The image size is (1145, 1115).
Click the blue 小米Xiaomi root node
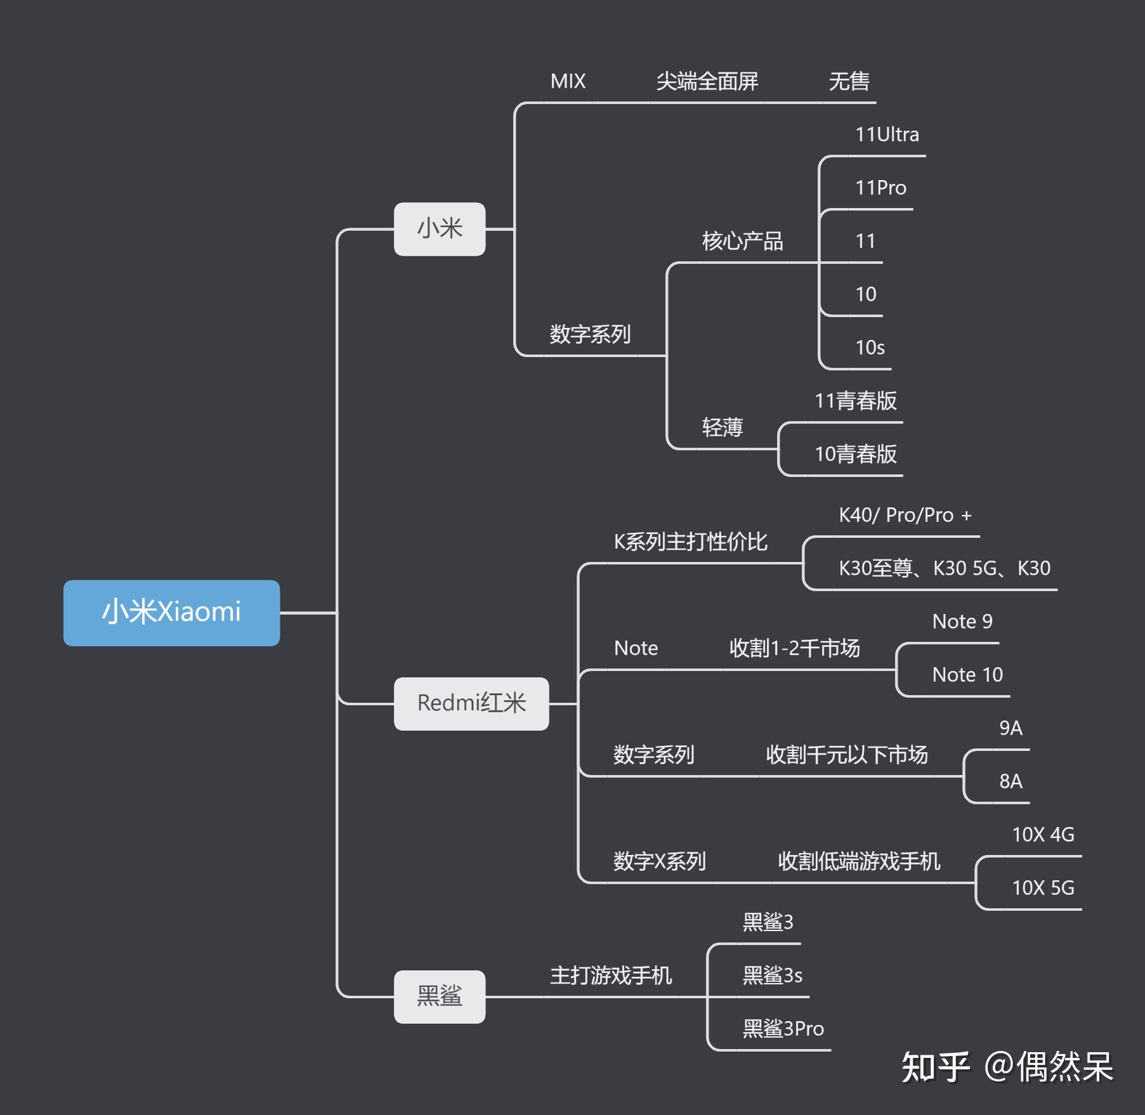pos(171,613)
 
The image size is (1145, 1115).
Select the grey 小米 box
pos(440,229)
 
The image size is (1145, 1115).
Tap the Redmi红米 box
pos(471,703)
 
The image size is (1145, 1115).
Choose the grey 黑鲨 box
pos(440,996)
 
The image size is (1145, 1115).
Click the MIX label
pos(568,81)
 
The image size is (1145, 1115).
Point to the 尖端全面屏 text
pos(707,81)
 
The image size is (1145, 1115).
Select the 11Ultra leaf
pos(887,134)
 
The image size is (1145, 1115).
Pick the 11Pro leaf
pos(880,188)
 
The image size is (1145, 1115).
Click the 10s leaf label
pos(870,348)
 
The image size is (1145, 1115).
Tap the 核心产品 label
pos(742,241)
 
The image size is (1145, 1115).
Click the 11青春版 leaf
pos(855,401)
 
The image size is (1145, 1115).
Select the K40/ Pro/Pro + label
pos(905,515)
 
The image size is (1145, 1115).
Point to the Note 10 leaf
pos(967,675)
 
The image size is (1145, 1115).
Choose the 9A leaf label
pos(1011,728)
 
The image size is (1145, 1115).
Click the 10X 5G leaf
pos(1043,888)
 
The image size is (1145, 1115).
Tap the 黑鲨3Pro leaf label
pos(783,1029)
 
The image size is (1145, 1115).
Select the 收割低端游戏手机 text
pos(859,861)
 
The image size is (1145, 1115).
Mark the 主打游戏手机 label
pos(610,975)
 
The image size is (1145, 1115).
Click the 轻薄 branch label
pos(722,427)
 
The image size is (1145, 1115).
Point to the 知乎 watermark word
pos(935,1067)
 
